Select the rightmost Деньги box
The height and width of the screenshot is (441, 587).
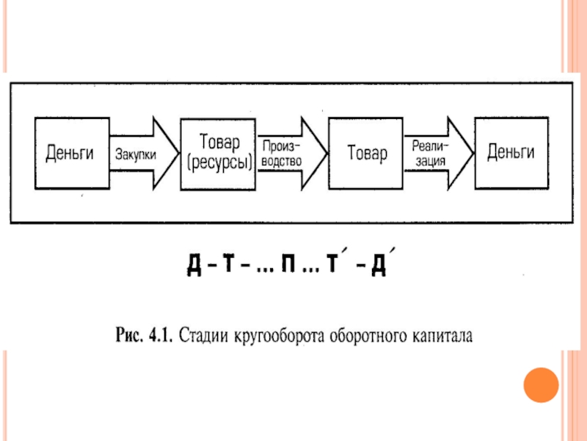(x=511, y=153)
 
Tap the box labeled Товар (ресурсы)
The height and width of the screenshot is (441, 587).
(x=217, y=153)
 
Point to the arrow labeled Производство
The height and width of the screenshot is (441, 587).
(x=288, y=153)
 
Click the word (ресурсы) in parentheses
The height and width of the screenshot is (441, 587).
(x=218, y=164)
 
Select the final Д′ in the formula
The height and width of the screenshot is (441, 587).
(x=381, y=265)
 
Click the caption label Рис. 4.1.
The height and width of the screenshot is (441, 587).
(x=143, y=338)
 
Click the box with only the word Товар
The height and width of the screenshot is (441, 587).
(x=364, y=153)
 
